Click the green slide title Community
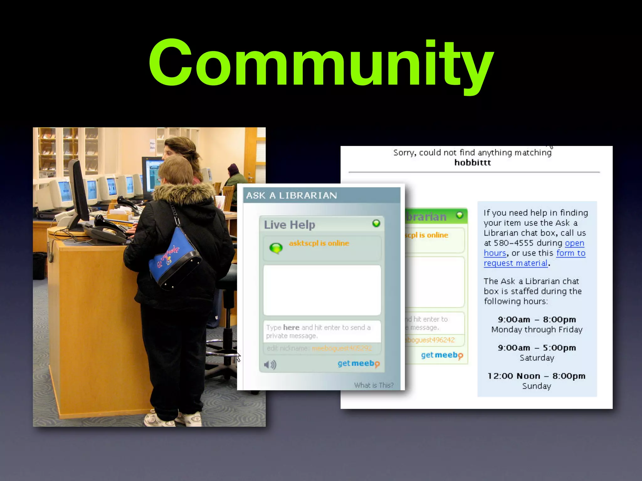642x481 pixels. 321,63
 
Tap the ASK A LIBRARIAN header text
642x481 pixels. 291,195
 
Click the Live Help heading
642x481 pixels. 289,225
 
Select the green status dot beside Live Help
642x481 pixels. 376,223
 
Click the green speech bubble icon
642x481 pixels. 276,248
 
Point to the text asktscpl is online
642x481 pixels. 319,243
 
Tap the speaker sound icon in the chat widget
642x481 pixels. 270,365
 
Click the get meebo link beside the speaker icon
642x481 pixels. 358,364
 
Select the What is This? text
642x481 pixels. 374,385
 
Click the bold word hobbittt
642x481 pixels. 472,163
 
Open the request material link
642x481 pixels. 516,263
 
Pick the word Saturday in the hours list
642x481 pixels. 537,358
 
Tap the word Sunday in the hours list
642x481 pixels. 536,386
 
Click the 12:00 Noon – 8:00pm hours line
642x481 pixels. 536,376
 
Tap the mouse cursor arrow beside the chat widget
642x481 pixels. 239,357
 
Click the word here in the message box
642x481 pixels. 291,327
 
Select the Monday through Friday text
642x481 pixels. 537,329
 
